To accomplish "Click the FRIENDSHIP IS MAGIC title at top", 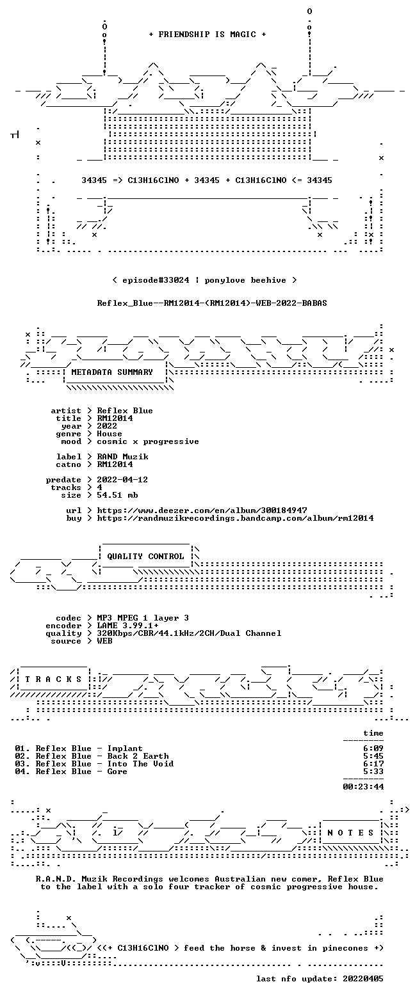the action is [x=207, y=35].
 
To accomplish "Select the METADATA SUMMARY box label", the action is [x=112, y=372].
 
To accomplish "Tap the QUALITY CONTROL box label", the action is [x=145, y=557].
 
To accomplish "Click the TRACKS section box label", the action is [x=54, y=679].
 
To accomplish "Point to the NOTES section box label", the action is [x=350, y=833].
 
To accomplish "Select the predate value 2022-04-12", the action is [x=122, y=480].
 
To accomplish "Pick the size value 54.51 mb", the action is [x=117, y=495].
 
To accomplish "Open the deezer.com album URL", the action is [x=202, y=511].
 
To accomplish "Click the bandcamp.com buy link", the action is [x=235, y=518].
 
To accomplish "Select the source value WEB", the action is [x=104, y=641].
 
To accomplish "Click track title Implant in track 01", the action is [x=125, y=748].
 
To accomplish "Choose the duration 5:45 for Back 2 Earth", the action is [x=373, y=756].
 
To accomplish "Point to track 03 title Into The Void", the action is [x=140, y=764].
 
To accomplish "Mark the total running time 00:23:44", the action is [x=363, y=787].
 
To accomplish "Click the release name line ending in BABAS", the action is [x=212, y=303].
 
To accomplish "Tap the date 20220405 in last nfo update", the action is [x=363, y=978].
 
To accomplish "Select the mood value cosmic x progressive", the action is [x=148, y=441].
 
